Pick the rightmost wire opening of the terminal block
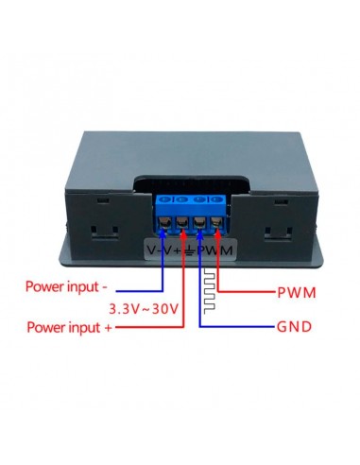(x=217, y=223)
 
